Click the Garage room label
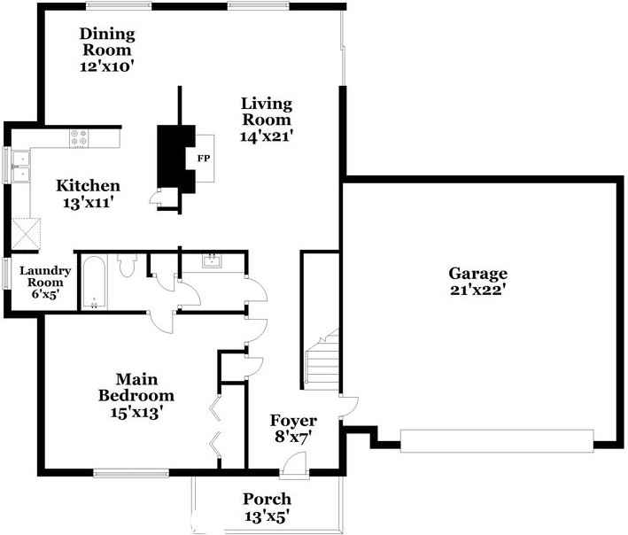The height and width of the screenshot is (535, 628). [x=477, y=274]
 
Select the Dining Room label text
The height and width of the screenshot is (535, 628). [x=107, y=42]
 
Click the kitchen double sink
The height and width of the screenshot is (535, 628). [x=20, y=167]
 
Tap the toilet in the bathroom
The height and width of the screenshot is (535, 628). [x=126, y=264]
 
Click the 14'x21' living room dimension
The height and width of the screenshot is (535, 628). [x=267, y=136]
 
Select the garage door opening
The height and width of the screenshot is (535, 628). [x=496, y=440]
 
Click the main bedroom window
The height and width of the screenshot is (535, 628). [x=130, y=473]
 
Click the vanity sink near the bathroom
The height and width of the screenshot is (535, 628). [x=213, y=260]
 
